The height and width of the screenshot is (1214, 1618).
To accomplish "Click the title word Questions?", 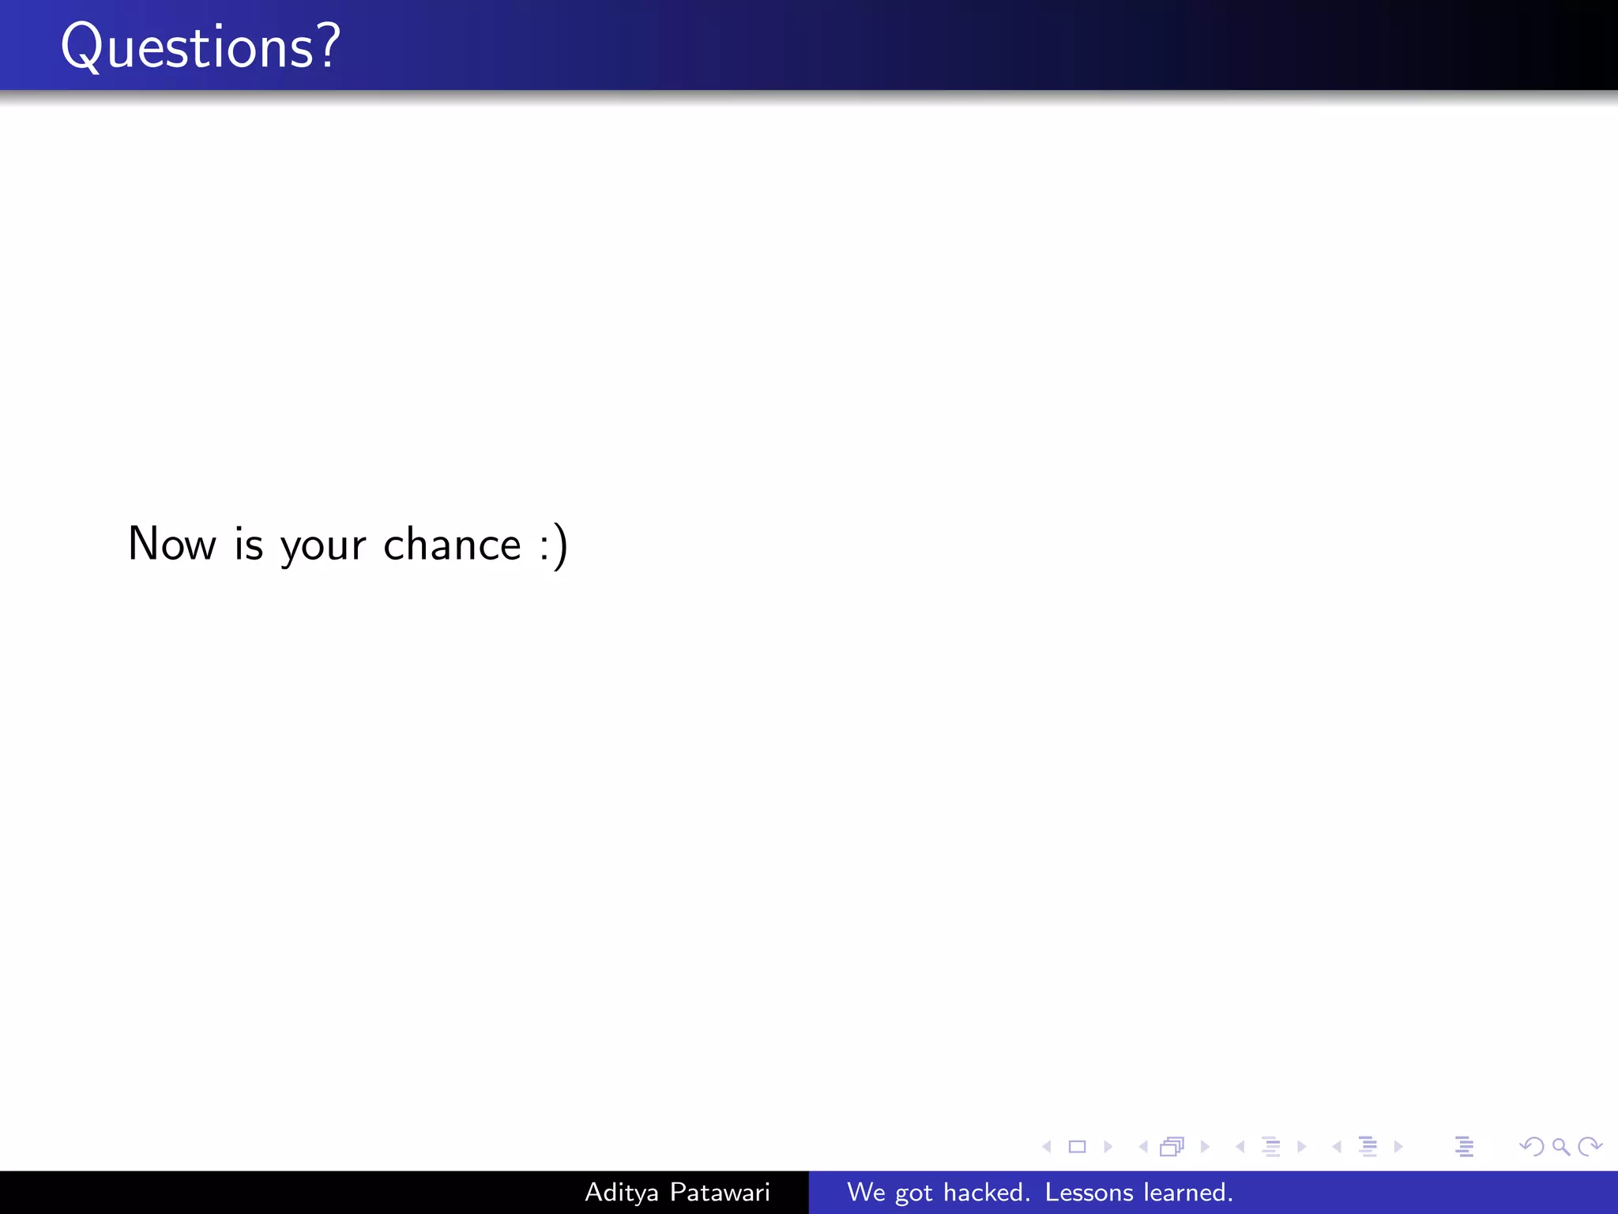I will (201, 47).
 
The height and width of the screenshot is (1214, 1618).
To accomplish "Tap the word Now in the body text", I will (172, 544).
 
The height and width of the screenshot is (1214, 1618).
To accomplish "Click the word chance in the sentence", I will (452, 545).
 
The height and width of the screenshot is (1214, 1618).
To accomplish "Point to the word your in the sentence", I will (323, 547).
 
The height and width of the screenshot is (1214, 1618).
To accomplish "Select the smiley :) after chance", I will (554, 545).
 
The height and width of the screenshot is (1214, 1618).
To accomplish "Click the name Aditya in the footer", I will (621, 1193).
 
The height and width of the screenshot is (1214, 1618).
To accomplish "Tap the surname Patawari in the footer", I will (720, 1192).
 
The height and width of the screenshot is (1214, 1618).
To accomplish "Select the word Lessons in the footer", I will (1089, 1192).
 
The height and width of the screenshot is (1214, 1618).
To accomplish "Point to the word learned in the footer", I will (1188, 1192).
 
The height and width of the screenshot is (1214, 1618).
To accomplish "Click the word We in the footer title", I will (866, 1192).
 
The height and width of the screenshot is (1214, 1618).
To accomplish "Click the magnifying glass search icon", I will (1561, 1147).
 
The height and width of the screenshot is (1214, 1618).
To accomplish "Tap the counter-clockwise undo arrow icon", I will (1532, 1147).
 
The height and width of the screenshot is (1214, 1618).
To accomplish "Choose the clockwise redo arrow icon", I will (1590, 1147).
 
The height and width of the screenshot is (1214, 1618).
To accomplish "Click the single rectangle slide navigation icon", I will (1077, 1147).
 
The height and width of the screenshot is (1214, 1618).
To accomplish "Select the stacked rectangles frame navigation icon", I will (1172, 1147).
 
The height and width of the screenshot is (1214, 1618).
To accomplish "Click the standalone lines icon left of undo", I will (1464, 1147).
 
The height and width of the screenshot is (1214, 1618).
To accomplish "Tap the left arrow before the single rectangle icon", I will (1047, 1147).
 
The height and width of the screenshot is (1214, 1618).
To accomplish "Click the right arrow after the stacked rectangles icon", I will (1205, 1147).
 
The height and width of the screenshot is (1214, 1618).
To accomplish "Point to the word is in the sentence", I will (249, 544).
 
